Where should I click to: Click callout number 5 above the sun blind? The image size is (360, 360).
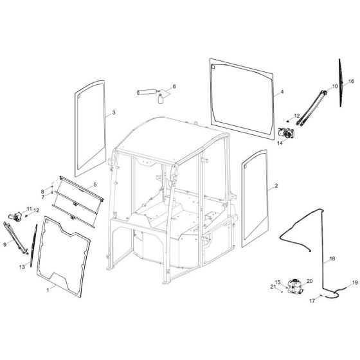[94, 184]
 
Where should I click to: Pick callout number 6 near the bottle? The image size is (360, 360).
[174, 86]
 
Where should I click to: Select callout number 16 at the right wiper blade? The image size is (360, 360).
[351, 82]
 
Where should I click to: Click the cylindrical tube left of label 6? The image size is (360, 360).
[147, 93]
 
